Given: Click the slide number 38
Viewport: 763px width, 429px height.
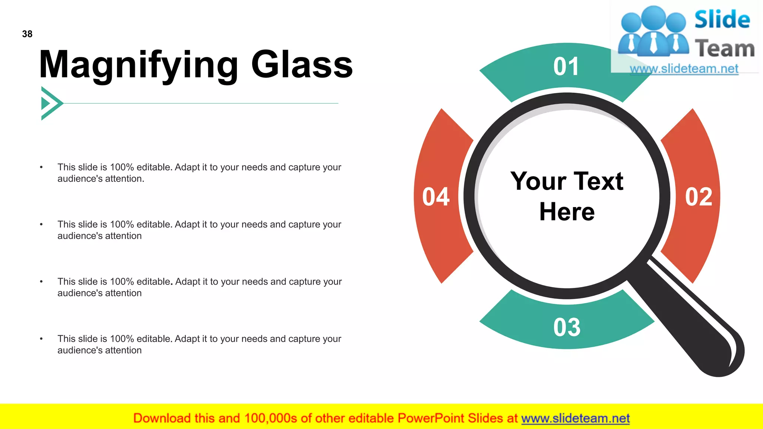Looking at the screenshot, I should point(27,34).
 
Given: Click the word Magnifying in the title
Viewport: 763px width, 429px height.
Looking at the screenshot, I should point(138,66).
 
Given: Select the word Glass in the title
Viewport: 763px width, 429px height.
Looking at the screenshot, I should point(302,65).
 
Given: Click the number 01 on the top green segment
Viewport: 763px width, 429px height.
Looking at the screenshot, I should point(566,67).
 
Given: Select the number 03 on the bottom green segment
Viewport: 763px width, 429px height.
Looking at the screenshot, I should point(567,328).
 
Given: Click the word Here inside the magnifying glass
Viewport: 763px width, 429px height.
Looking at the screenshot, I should point(567,212).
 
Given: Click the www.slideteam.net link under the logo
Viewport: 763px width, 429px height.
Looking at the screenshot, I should point(684,69).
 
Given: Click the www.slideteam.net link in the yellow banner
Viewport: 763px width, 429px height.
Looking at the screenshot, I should point(575,419).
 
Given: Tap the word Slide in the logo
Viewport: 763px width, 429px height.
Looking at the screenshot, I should point(722,20).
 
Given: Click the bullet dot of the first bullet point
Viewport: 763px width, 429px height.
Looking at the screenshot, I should point(41,168).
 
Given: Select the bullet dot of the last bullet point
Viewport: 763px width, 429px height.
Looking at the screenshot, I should point(41,339).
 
